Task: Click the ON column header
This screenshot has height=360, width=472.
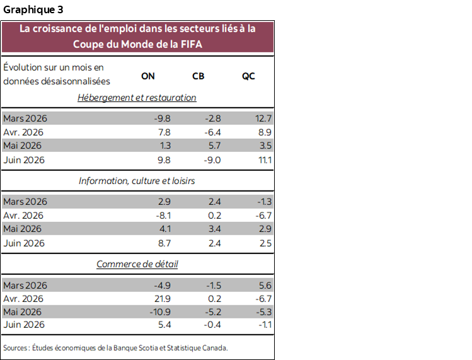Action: pyautogui.click(x=148, y=76)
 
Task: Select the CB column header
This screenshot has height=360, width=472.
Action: pyautogui.click(x=198, y=76)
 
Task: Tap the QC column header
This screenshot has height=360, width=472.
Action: pyautogui.click(x=248, y=76)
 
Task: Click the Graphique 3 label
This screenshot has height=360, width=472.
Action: pyautogui.click(x=33, y=9)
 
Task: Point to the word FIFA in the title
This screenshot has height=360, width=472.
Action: pyautogui.click(x=191, y=44)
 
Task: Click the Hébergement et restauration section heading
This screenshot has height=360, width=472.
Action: pyautogui.click(x=137, y=98)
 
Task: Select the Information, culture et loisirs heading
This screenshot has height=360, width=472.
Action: pyautogui.click(x=137, y=181)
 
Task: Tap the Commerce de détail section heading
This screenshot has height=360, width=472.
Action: pyautogui.click(x=137, y=264)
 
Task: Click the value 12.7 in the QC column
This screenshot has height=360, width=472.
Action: pyautogui.click(x=263, y=119)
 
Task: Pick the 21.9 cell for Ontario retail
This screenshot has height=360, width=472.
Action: pyautogui.click(x=163, y=299)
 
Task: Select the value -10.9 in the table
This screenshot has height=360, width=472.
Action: pyautogui.click(x=160, y=312)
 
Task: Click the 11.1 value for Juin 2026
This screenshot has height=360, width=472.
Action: pyautogui.click(x=265, y=160)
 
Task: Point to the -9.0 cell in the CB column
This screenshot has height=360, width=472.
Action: pyautogui.click(x=212, y=160)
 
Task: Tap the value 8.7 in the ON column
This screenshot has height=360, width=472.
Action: pyautogui.click(x=164, y=243)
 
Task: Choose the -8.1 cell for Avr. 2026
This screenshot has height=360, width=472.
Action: pyautogui.click(x=163, y=216)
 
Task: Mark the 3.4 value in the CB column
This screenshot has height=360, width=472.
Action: pyautogui.click(x=215, y=229)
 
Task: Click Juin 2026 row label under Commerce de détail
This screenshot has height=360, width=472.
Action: pyautogui.click(x=24, y=325)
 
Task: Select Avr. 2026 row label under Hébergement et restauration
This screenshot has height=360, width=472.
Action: pyautogui.click(x=23, y=132)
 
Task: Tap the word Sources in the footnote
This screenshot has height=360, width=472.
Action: pyautogui.click(x=15, y=348)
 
